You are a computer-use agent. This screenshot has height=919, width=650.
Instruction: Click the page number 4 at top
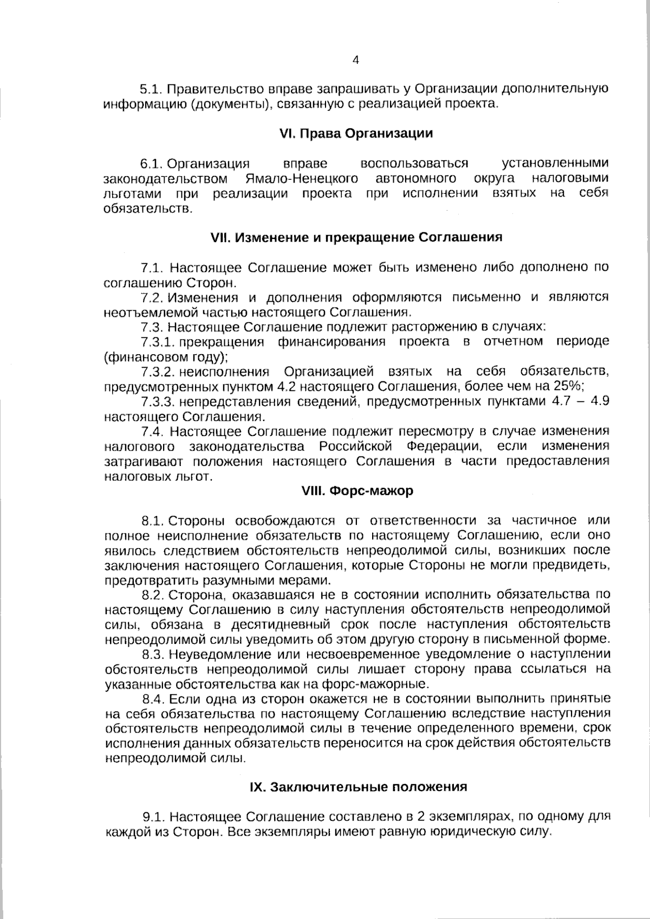click(356, 61)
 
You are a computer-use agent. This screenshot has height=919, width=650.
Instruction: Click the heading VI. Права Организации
click(356, 134)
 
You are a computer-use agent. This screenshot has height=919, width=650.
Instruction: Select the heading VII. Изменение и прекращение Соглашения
click(356, 237)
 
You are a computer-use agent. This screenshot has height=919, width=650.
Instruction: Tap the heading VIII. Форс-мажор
click(357, 491)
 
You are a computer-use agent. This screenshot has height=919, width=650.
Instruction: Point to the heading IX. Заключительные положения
click(357, 787)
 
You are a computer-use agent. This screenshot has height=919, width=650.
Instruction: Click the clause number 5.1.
click(152, 89)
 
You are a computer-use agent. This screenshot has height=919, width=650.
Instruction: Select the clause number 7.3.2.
click(157, 372)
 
